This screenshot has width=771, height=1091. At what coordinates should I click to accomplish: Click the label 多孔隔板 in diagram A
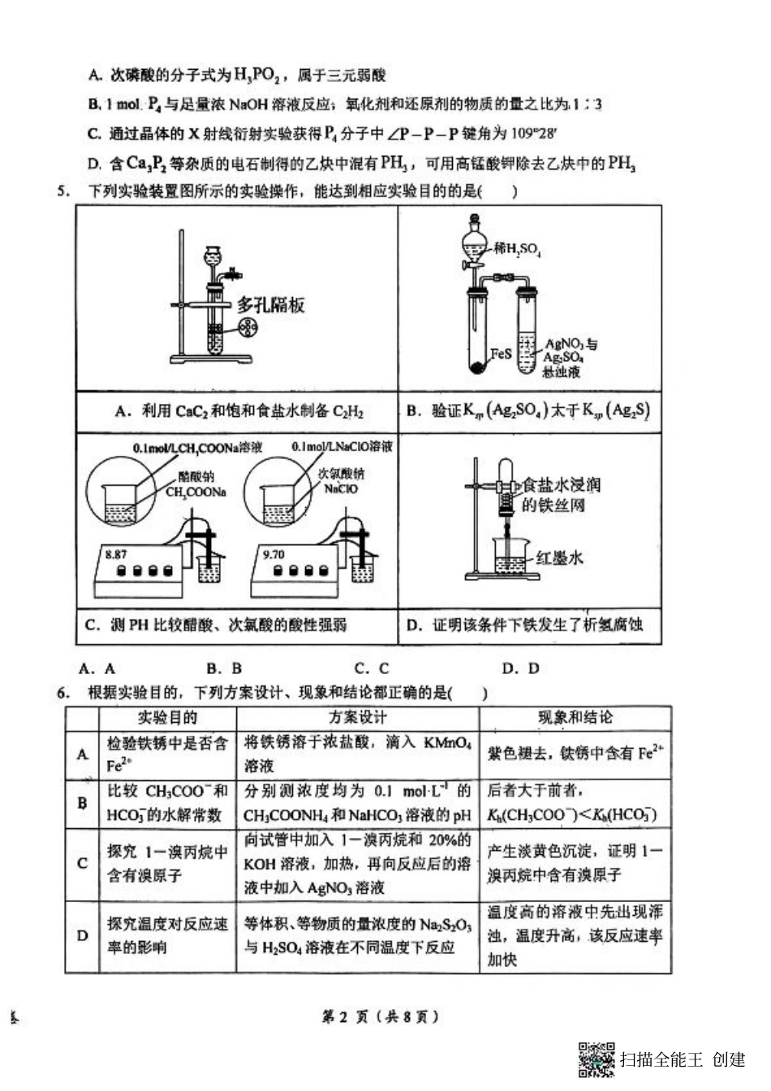click(x=270, y=305)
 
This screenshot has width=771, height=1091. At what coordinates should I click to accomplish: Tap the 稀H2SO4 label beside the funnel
click(x=517, y=249)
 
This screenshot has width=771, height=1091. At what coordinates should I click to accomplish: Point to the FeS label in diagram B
click(x=501, y=354)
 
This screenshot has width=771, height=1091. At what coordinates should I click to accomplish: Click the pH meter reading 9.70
click(x=274, y=555)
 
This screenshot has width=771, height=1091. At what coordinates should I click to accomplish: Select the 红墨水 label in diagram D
click(x=559, y=558)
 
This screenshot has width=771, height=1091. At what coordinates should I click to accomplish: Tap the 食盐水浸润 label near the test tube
click(x=561, y=485)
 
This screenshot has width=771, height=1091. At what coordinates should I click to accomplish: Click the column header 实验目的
click(x=167, y=718)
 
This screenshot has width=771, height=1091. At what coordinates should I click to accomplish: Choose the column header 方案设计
click(x=357, y=718)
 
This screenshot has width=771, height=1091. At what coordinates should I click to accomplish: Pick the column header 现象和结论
click(x=575, y=718)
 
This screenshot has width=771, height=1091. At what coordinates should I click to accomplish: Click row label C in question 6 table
click(x=82, y=863)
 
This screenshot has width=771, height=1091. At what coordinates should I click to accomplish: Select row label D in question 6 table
click(x=82, y=935)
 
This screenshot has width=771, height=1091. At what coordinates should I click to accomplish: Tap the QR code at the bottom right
click(x=596, y=1059)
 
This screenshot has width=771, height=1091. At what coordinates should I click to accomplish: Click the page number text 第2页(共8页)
click(x=380, y=1016)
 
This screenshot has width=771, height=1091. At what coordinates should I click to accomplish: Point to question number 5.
click(x=62, y=191)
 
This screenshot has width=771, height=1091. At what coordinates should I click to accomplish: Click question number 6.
click(x=62, y=692)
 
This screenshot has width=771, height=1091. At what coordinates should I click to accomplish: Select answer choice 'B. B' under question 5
click(x=224, y=668)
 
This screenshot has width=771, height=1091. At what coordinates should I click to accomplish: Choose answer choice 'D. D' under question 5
click(x=520, y=668)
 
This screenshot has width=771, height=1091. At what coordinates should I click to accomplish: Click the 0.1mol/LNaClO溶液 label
click(x=342, y=447)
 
